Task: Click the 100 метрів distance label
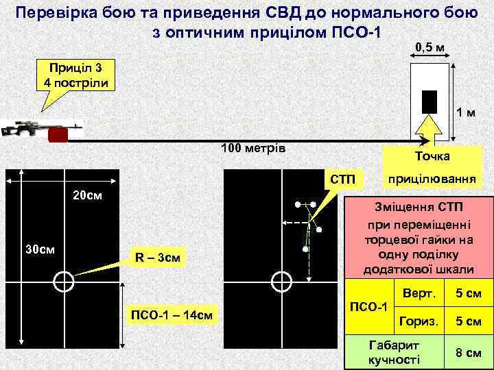tap(253, 149)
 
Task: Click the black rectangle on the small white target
tap(430, 101)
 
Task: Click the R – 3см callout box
tap(157, 258)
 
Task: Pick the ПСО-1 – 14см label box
tap(172, 314)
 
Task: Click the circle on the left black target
tap(63, 281)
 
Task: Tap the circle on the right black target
tap(279, 281)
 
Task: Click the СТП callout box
tap(342, 180)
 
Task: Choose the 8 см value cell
tap(469, 353)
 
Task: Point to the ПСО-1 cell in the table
tap(369, 306)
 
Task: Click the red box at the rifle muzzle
tap(58, 136)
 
